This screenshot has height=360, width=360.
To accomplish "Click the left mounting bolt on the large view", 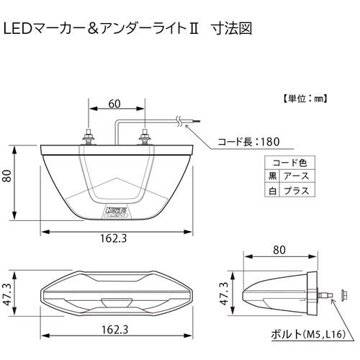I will (x=89, y=135).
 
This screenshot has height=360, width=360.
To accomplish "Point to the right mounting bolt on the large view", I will (x=146, y=135).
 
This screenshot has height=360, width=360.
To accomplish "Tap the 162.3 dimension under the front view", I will (x=114, y=330).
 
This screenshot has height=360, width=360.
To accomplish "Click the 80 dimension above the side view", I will (x=280, y=250).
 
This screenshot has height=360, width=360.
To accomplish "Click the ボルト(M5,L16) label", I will (x=311, y=335).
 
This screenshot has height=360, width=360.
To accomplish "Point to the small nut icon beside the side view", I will (x=340, y=294).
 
